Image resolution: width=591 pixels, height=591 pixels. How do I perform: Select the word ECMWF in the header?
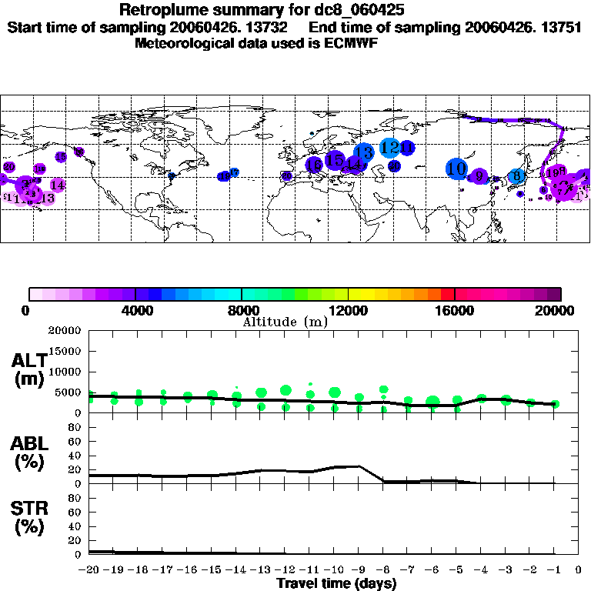tap(356, 43)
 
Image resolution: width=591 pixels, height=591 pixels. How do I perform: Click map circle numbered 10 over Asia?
tap(457, 169)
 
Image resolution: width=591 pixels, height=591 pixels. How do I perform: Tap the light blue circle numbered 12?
tap(389, 148)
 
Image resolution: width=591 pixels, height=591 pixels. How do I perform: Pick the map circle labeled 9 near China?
tap(479, 176)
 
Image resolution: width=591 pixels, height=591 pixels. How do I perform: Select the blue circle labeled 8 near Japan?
tap(518, 176)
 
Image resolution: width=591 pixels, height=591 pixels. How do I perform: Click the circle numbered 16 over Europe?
tap(314, 165)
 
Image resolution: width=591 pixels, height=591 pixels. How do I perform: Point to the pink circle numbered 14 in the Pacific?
tap(57, 185)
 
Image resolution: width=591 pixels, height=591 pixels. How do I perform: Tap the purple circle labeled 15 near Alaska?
tap(62, 157)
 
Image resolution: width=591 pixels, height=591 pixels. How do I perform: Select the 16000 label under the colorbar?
tap(454, 310)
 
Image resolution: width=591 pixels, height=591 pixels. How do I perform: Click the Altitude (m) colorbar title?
tap(282, 320)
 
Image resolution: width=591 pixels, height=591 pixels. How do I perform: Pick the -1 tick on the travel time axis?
tap(554, 569)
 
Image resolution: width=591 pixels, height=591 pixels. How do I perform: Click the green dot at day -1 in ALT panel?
tap(555, 403)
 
